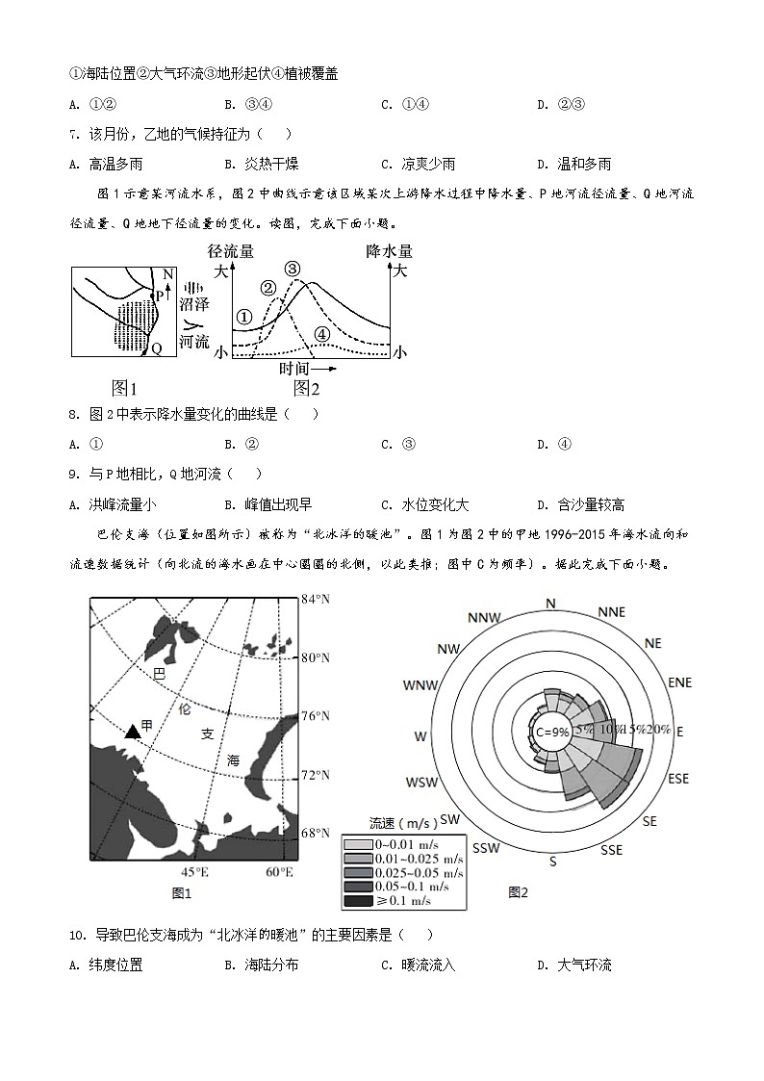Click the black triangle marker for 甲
pos(134,732)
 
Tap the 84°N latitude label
pos(317,600)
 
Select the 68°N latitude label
pos(317,833)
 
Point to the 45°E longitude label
pos(195,872)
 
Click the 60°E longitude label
pos(279,872)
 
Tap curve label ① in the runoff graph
pos(244,317)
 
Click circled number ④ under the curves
pos(322,334)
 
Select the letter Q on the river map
pos(156,348)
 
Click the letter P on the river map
pos(159,296)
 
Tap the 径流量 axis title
pos(231,251)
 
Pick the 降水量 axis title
pos(387,251)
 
